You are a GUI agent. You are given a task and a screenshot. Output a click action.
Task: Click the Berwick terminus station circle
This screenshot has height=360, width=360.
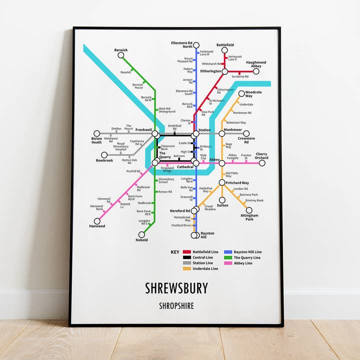click(120, 55)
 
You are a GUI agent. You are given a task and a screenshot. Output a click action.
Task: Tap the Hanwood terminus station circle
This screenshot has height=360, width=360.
click(97, 220)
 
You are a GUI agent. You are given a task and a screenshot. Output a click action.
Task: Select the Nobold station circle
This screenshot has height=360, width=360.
click(141, 234)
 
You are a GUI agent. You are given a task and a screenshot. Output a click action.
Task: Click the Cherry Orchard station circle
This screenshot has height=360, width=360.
click(261, 162)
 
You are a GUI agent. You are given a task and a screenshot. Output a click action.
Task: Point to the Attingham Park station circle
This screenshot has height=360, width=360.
click(249, 210)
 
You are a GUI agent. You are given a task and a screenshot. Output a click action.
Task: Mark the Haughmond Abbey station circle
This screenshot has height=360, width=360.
click(256, 71)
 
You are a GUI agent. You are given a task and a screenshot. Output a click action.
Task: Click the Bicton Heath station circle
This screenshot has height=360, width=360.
click(97, 134)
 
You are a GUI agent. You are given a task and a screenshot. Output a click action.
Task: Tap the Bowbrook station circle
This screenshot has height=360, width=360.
click(104, 155)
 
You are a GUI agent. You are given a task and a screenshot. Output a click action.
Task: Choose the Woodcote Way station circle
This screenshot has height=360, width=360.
click(241, 93)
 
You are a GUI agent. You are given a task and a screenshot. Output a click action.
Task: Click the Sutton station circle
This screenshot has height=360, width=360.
click(222, 199)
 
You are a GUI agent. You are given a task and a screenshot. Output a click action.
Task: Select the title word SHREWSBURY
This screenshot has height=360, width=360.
click(176, 288)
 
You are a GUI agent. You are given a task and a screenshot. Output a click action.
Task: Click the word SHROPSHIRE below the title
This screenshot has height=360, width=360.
click(176, 305)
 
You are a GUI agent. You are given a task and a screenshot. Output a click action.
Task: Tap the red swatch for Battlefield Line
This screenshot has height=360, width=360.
click(187, 252)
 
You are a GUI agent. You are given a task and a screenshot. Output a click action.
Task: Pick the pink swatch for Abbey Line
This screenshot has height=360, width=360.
click(228, 263)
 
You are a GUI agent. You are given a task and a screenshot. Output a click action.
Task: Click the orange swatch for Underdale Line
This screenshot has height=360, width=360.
click(187, 268)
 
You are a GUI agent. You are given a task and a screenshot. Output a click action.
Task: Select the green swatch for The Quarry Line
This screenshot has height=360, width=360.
click(228, 257)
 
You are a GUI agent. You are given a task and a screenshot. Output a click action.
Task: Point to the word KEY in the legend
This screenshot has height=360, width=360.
click(174, 252)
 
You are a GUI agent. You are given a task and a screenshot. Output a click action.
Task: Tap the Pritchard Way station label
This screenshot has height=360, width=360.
click(237, 183)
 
